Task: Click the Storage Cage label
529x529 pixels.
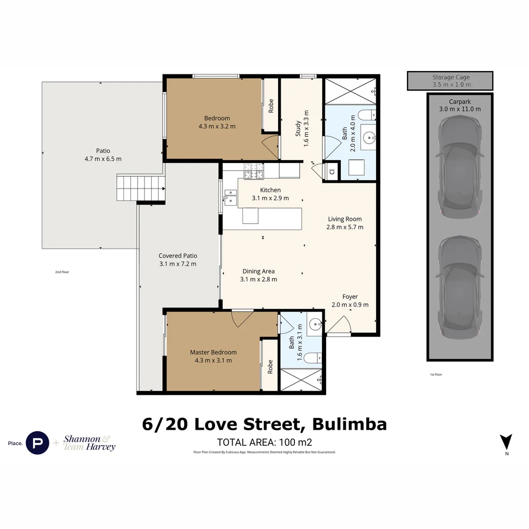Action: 451,77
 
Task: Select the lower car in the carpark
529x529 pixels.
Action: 459,288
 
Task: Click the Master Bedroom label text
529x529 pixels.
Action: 213,352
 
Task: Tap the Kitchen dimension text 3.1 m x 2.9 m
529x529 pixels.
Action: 270,198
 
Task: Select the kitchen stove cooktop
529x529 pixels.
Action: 254,170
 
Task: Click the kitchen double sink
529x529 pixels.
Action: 230,196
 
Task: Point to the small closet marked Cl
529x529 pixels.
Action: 332,171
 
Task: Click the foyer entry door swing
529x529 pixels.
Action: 339,325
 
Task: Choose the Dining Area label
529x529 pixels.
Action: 258,271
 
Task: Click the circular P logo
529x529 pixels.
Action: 37,443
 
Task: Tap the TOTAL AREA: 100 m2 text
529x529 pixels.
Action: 264,441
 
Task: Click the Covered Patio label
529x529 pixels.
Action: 177,256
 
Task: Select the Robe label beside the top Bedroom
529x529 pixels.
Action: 270,106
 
